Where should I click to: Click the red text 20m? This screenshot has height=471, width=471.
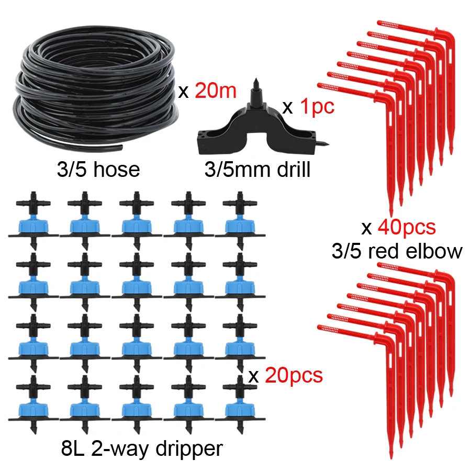coord(216,92)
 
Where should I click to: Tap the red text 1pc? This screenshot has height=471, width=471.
coord(317,107)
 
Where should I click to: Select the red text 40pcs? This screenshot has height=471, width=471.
coord(407,228)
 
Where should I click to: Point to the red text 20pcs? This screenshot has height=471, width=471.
coord(294,375)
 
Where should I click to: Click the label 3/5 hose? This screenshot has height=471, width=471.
coord(97,169)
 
